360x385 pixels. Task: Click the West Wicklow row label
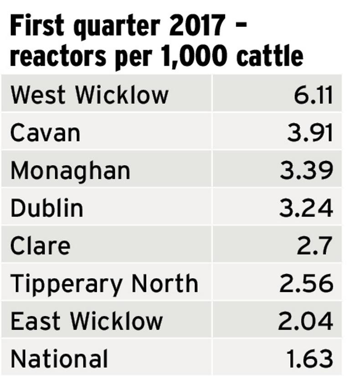pos(89,95)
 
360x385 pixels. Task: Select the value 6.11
pos(313,95)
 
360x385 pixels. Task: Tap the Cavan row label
pos(45,133)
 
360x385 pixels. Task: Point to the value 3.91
pos(310,133)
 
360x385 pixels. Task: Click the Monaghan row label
pos(70,171)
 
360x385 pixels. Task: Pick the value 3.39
pos(306,171)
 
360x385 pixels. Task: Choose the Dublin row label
pos(47,208)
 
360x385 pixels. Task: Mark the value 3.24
pos(306,208)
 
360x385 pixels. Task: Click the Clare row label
pos(40,246)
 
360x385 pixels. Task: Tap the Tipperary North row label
pos(104,284)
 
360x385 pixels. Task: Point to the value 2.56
pos(306,284)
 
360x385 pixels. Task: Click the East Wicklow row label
pos(87,321)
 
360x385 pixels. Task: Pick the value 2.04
pos(305,321)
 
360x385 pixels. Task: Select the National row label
pos(59,359)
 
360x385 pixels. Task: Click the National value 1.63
pos(310,359)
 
